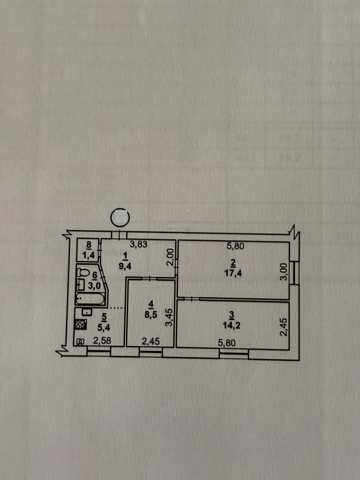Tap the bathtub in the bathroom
(90, 299)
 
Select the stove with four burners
(81, 324)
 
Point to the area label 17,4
(233, 273)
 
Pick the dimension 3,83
(138, 244)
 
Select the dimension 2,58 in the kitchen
(102, 341)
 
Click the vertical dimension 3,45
(169, 317)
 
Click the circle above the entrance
(120, 216)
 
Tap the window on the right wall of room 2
(296, 273)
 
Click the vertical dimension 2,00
(170, 257)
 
